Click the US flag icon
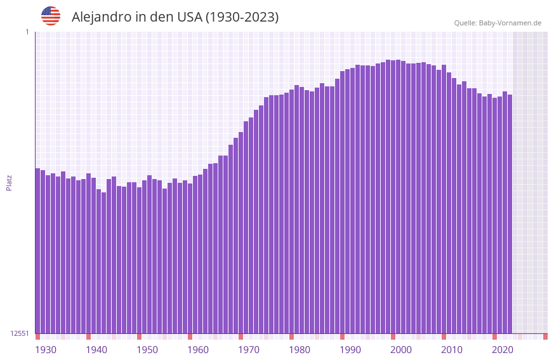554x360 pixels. coord(51,16)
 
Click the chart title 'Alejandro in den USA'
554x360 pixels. coord(175,17)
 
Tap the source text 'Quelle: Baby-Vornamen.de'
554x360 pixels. coord(498,23)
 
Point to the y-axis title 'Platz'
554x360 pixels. coord(9,182)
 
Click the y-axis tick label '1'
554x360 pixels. coord(27,32)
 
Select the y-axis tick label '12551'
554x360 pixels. coord(20,333)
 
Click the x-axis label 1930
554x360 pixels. coord(46,350)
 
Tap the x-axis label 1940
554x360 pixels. coord(96,350)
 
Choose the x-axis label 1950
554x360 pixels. coord(147,350)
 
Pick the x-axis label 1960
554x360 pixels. coord(198,350)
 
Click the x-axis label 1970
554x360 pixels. coord(249,350)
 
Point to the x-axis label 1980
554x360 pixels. coord(300,350)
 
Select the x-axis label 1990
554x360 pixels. coord(350,350)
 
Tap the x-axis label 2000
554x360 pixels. coord(401,350)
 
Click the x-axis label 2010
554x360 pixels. coord(452,350)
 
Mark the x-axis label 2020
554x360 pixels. coord(503,350)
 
